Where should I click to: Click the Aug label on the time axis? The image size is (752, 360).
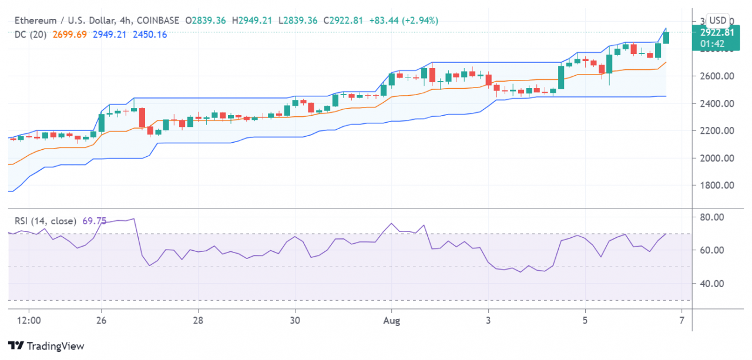coord(391,321)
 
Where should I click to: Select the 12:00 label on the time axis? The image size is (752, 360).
coord(29,321)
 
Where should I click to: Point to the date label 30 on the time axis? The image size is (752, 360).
coord(295,321)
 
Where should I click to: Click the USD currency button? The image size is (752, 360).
coord(719,19)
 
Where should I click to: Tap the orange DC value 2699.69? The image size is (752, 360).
coord(69,35)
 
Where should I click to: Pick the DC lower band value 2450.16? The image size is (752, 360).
coord(150,35)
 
